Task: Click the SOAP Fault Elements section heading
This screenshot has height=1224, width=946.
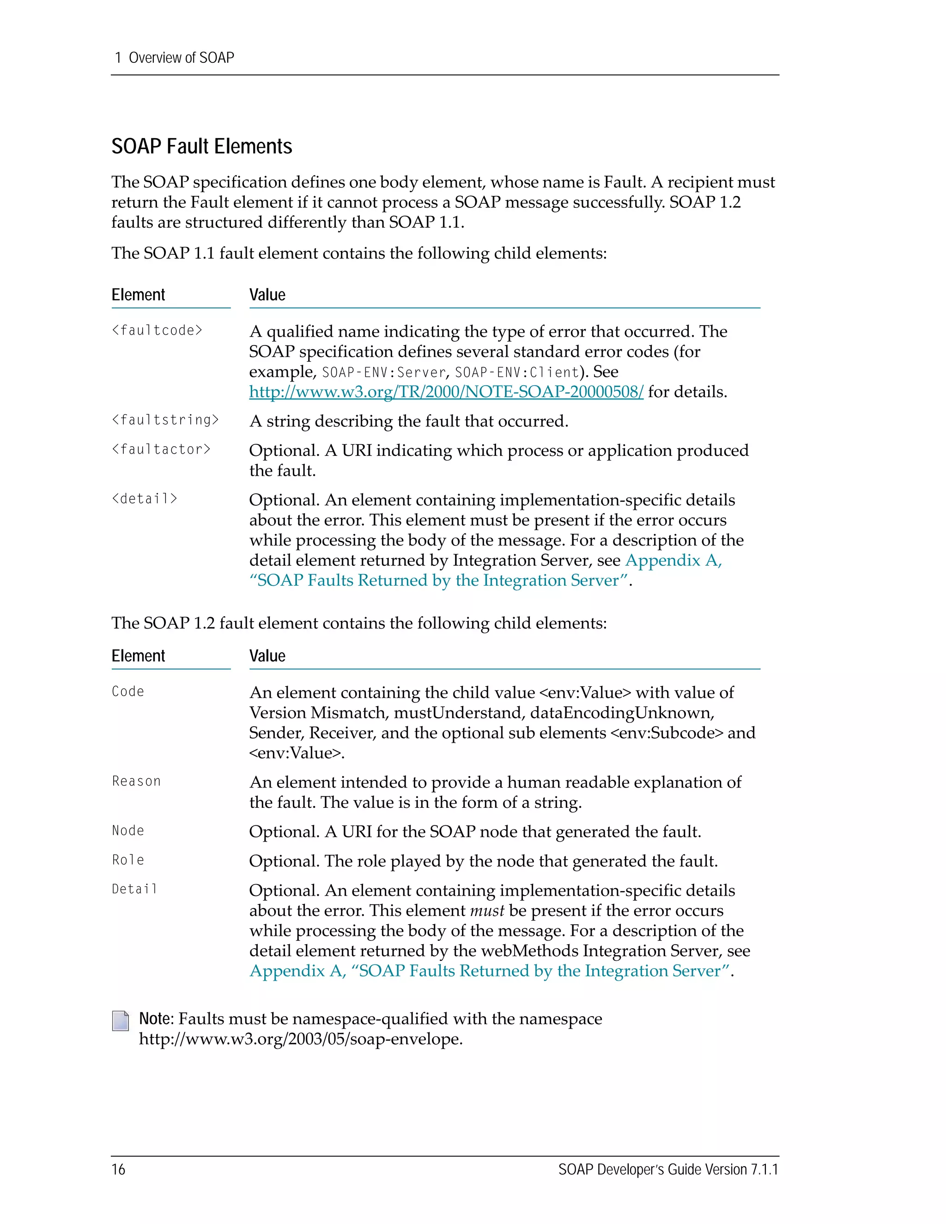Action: pyautogui.click(x=202, y=146)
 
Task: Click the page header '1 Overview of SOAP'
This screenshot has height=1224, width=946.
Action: pyautogui.click(x=174, y=58)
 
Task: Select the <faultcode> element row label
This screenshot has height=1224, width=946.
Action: pyautogui.click(x=157, y=331)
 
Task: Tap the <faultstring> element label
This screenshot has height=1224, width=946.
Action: pyautogui.click(x=165, y=420)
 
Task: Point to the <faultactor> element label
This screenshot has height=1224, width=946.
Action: pyautogui.click(x=161, y=449)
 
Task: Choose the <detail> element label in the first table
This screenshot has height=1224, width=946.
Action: pyautogui.click(x=145, y=499)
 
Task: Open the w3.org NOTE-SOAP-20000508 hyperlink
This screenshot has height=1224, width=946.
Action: pyautogui.click(x=446, y=392)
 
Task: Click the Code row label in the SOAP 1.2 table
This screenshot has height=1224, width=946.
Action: pyautogui.click(x=128, y=691)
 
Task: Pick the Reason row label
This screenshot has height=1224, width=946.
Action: pyautogui.click(x=136, y=781)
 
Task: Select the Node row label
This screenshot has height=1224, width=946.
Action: pyautogui.click(x=128, y=830)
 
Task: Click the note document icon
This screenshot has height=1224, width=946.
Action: pyautogui.click(x=121, y=1021)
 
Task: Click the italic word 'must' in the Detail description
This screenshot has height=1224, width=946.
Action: pyautogui.click(x=486, y=911)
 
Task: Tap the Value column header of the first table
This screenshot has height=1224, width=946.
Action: pyautogui.click(x=267, y=295)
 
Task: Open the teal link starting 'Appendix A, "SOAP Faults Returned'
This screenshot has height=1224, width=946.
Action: pyautogui.click(x=491, y=971)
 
